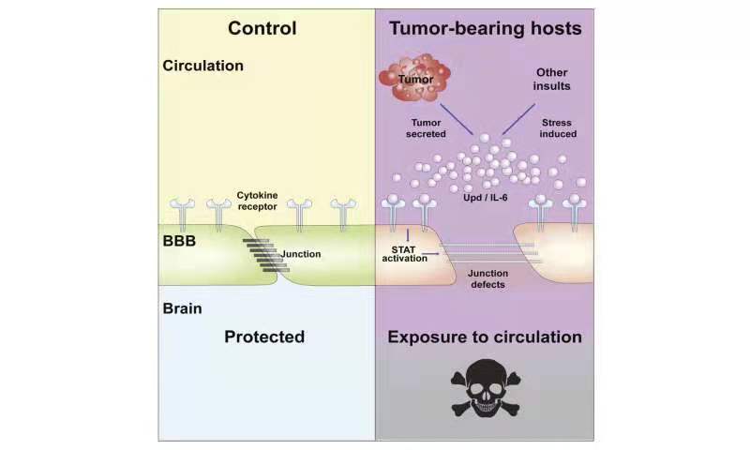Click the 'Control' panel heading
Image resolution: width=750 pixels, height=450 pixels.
pyautogui.click(x=262, y=28)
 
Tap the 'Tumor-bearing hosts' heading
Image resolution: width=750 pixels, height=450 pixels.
pyautogui.click(x=485, y=28)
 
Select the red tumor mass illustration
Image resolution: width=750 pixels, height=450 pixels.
pyautogui.click(x=414, y=78)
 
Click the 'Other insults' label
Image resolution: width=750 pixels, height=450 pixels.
pyautogui.click(x=551, y=80)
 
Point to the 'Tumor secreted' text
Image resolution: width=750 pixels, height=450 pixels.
pyautogui.click(x=426, y=128)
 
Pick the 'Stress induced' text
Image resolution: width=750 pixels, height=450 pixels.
pyautogui.click(x=558, y=128)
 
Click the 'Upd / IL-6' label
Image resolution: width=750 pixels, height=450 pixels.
pyautogui.click(x=485, y=198)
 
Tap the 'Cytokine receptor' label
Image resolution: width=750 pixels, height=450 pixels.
pyautogui.click(x=257, y=201)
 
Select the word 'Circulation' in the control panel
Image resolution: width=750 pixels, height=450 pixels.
pyautogui.click(x=202, y=66)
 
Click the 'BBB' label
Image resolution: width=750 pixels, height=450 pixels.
pyautogui.click(x=179, y=241)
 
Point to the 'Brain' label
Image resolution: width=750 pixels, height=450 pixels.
pyautogui.click(x=182, y=308)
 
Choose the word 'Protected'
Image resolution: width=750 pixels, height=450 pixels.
pyautogui.click(x=264, y=337)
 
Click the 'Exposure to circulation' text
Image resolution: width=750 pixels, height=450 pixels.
pyautogui.click(x=485, y=337)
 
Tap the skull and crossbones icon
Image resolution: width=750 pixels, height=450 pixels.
pyautogui.click(x=486, y=388)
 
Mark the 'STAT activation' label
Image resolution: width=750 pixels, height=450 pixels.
pyautogui.click(x=404, y=254)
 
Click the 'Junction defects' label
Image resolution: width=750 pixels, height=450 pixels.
pyautogui.click(x=487, y=278)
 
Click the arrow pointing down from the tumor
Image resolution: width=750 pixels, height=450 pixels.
pyautogui.click(x=457, y=120)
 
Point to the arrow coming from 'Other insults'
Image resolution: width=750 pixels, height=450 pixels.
pyautogui.click(x=518, y=120)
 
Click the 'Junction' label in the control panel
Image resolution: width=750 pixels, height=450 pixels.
pyautogui.click(x=301, y=254)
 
